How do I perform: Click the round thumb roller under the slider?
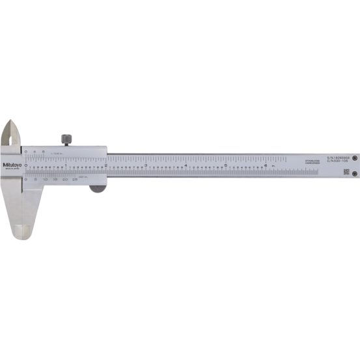[x=97, y=189]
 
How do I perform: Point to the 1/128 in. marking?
[x=56, y=151]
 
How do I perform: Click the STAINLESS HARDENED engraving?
[x=313, y=161]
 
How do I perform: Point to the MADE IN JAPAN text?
[x=12, y=170]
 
